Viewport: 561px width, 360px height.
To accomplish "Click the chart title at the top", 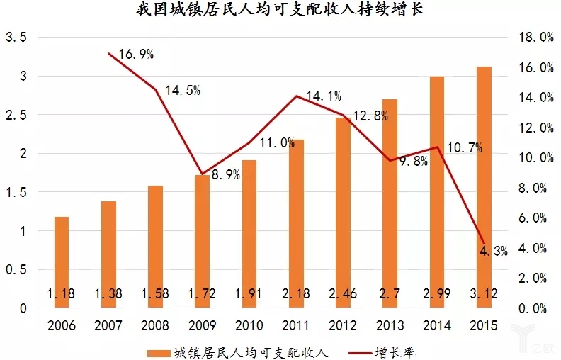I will click(x=280, y=11).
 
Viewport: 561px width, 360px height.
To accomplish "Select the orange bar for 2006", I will click(x=62, y=262).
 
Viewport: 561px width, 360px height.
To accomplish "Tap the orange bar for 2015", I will click(x=484, y=187).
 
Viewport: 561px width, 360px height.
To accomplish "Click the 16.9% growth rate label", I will click(x=136, y=54).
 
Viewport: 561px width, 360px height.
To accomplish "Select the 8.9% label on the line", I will click(x=225, y=174).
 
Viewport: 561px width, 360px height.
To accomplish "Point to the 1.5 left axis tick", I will click(x=16, y=192).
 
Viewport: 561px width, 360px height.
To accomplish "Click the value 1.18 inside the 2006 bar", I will click(x=62, y=293).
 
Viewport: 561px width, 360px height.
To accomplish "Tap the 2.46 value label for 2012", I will click(x=343, y=293).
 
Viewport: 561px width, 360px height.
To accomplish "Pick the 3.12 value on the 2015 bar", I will click(x=484, y=293).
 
